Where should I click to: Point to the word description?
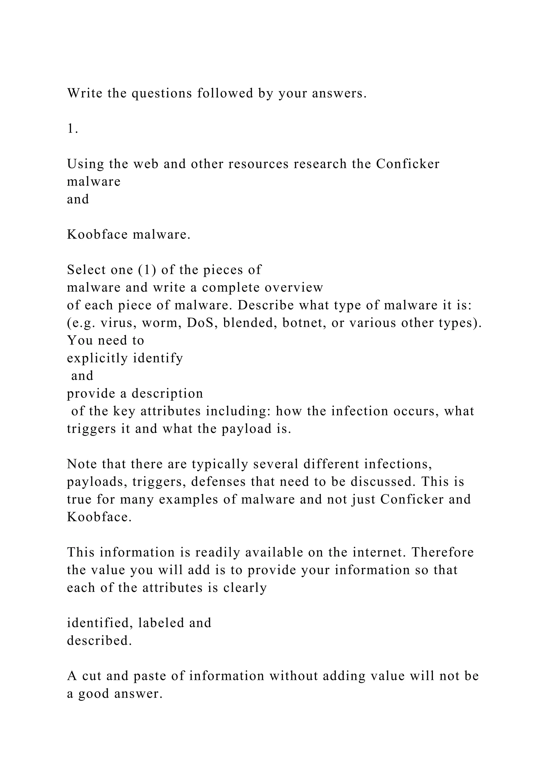click(167, 394)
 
